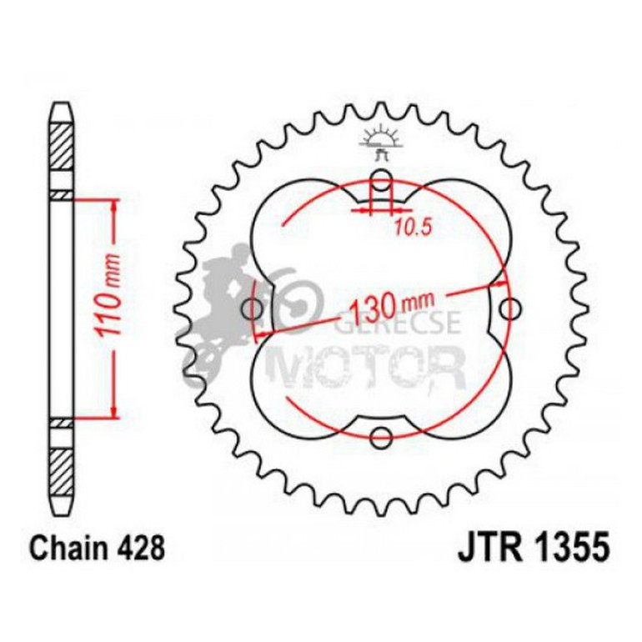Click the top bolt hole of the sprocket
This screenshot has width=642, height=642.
tap(381, 178)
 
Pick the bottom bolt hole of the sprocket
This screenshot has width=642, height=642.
tap(381, 434)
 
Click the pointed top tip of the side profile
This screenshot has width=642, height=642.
tap(62, 106)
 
